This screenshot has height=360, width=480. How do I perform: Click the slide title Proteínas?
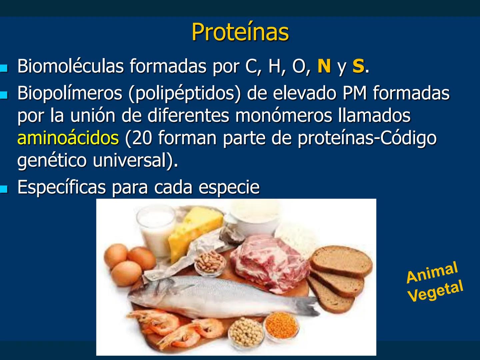pyautogui.click(x=240, y=32)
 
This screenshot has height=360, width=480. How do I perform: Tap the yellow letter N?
pyautogui.click(x=324, y=66)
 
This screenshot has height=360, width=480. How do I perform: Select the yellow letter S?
pyautogui.click(x=358, y=66)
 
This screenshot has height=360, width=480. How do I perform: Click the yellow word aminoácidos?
pyautogui.click(x=68, y=138)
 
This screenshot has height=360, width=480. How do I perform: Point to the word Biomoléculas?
pyautogui.click(x=70, y=66)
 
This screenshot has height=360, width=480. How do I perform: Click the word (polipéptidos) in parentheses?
pyautogui.click(x=184, y=93)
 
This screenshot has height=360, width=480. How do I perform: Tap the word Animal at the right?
pyautogui.click(x=432, y=273)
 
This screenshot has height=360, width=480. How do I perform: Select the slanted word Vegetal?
pyautogui.click(x=435, y=291)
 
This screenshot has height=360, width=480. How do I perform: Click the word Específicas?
pyautogui.click(x=61, y=187)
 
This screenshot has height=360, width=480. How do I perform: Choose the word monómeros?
pyautogui.click(x=283, y=116)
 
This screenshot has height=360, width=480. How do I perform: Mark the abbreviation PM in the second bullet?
pyautogui.click(x=355, y=93)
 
